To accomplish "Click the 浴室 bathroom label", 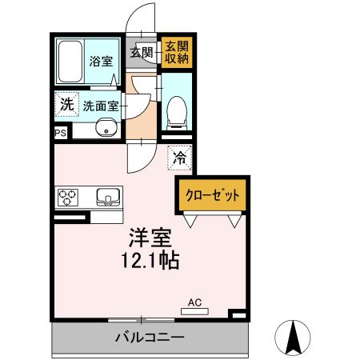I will (x=100, y=61).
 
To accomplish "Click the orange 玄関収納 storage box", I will (x=175, y=53).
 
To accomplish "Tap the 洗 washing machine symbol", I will (x=67, y=104).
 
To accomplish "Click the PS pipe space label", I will (x=61, y=133).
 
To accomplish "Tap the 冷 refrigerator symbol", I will (x=179, y=158).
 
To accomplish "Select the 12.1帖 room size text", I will (x=151, y=262).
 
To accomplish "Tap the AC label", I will (x=194, y=302).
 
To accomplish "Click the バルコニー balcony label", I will (x=149, y=337).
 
